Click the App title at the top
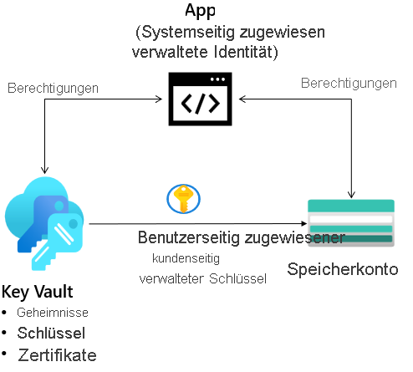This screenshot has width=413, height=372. (200, 11)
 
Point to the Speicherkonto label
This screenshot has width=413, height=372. (343, 269)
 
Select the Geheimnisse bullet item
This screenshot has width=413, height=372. (53, 312)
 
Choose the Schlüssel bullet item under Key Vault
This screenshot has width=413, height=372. (57, 332)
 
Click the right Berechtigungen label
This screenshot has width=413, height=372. (349, 84)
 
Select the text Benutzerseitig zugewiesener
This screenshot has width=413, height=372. (241, 238)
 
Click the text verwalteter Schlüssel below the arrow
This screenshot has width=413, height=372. (202, 279)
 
